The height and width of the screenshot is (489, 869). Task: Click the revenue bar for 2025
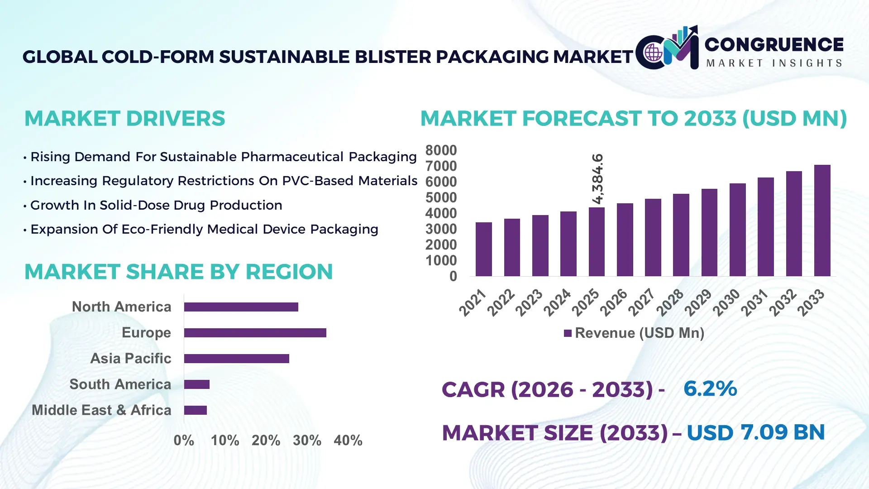click(597, 242)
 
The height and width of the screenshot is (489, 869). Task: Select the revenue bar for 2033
click(822, 221)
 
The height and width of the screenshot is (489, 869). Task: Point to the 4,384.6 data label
click(597, 179)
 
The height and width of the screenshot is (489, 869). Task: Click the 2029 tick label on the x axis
click(697, 302)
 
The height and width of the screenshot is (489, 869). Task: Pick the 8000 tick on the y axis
click(441, 150)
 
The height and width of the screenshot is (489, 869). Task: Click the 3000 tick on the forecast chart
click(441, 229)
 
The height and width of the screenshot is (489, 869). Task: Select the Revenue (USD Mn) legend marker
click(568, 333)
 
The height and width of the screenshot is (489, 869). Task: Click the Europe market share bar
click(255, 333)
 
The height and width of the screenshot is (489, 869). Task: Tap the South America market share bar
click(196, 384)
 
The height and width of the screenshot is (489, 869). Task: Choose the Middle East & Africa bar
click(195, 410)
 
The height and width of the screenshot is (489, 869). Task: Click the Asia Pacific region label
click(130, 359)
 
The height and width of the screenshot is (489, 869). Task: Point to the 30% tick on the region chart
click(307, 440)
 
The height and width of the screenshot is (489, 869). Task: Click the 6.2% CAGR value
click(710, 388)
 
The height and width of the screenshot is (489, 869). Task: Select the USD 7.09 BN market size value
click(755, 432)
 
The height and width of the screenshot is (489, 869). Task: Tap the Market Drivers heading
click(124, 119)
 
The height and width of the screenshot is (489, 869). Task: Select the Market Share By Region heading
click(178, 272)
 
